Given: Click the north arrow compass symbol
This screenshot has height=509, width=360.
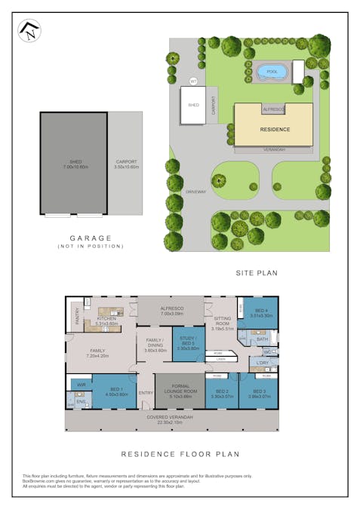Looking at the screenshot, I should click(x=29, y=31).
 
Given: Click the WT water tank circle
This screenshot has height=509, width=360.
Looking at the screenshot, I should click(x=193, y=81).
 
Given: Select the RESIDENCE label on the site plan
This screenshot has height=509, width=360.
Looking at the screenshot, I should click(x=275, y=129).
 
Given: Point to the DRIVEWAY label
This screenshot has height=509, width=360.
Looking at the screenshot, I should click(x=195, y=192).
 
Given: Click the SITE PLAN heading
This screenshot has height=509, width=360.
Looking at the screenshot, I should click(x=257, y=271).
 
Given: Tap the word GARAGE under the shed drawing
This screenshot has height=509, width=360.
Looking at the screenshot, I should click(x=91, y=238).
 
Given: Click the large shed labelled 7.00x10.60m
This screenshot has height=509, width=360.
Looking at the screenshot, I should click(x=74, y=164).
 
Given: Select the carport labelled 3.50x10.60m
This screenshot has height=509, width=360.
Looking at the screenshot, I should click(x=125, y=164).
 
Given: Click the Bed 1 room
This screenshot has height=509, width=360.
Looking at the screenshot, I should click(x=113, y=392).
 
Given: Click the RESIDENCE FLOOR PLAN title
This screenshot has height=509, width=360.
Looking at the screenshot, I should click(x=180, y=455).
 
